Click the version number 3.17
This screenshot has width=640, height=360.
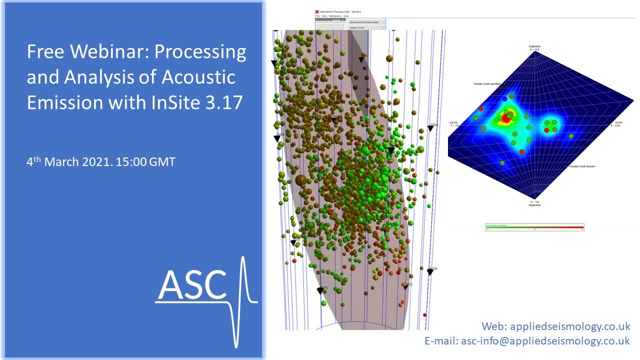click(x=224, y=102)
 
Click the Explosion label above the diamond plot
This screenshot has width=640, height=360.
click(x=535, y=46)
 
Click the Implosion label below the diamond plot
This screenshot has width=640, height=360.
click(x=534, y=205)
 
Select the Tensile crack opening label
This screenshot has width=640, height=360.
click(x=486, y=84)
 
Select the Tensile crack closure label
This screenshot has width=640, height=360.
click(x=582, y=166)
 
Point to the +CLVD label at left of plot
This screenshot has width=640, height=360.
click(x=453, y=122)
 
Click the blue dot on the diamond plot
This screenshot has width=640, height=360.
click(x=504, y=99)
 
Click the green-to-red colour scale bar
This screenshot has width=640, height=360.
click(x=534, y=227)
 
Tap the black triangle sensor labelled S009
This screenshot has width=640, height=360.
click(x=429, y=272)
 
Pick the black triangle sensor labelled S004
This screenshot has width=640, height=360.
click(x=430, y=129)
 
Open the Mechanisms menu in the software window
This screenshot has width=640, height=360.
click(x=335, y=16)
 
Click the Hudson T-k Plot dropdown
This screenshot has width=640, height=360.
click(x=366, y=28)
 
